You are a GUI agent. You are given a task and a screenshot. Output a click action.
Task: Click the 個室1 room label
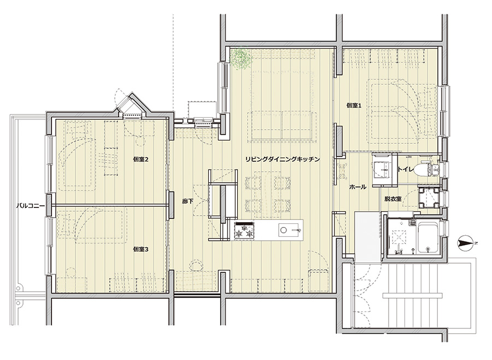[x=354, y=106]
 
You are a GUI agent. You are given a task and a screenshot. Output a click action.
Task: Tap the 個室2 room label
[x=140, y=159]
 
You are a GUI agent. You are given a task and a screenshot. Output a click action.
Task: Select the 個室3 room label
[x=140, y=249]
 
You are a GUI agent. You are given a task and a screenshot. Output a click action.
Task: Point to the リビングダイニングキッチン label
[x=283, y=159]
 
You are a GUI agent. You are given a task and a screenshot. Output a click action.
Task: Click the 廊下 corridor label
[x=188, y=201]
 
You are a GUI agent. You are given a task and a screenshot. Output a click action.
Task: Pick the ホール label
[x=358, y=187]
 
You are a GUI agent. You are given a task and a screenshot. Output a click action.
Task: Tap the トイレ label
[x=406, y=169]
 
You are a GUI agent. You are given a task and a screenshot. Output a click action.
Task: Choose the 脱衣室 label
[x=393, y=199]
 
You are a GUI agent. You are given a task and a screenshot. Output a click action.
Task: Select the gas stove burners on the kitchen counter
[x=245, y=230]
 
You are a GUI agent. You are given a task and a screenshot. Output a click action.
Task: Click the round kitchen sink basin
[x=283, y=230]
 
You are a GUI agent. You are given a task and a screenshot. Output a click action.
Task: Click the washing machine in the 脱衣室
[x=429, y=197]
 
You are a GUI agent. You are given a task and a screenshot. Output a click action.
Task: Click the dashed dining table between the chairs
[x=268, y=191]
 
